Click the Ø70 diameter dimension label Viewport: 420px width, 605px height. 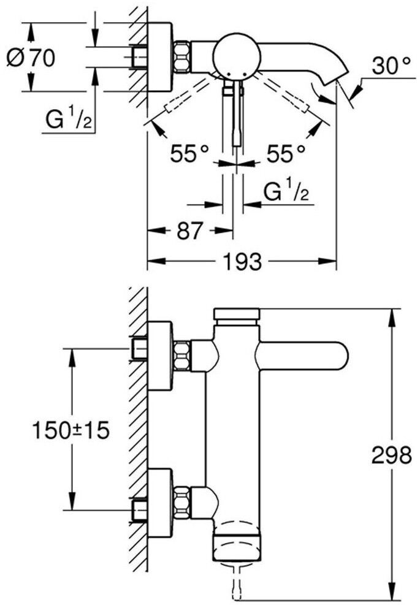[x=31, y=58]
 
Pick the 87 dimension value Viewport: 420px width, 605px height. [x=189, y=231]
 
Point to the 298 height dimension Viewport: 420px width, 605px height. [x=391, y=455]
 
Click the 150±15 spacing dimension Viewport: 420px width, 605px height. [x=71, y=430]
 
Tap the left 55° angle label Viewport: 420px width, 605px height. [x=189, y=154]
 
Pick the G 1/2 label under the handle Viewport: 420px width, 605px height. [x=286, y=194]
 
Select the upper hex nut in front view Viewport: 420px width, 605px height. [x=182, y=356]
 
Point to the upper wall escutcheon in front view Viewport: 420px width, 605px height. [x=160, y=356]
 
